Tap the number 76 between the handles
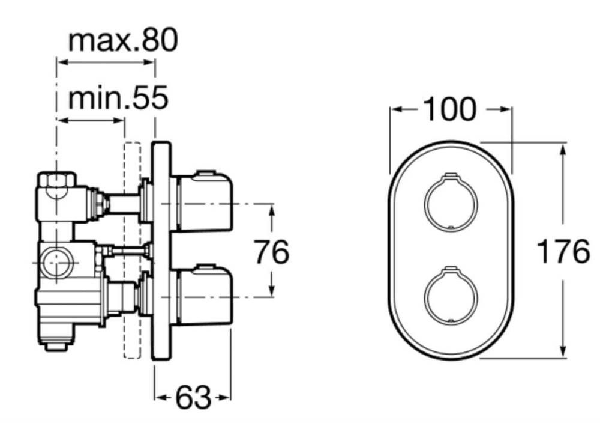(272, 252)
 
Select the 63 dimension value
(193, 397)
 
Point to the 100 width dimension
(451, 109)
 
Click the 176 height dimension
(563, 251)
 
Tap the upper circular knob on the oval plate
(451, 203)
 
